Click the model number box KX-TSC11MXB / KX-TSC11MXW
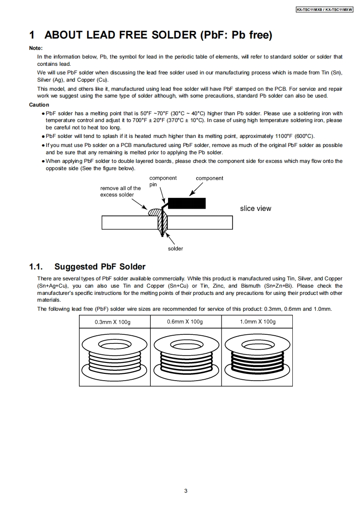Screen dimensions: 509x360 coord(324,9)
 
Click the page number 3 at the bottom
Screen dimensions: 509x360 coord(186,490)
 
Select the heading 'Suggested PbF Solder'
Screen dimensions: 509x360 coord(100,266)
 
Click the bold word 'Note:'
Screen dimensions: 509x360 coord(36,48)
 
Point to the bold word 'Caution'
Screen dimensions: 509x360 coord(39,105)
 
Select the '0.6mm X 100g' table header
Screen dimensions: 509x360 coord(185,322)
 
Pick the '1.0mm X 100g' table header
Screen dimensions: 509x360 coord(257,322)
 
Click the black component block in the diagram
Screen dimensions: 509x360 coord(187,203)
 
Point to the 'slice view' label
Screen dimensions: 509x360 coord(256,209)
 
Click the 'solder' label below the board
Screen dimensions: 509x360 coord(176,249)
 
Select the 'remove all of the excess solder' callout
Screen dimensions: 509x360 coord(121,191)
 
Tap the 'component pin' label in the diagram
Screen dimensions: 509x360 coord(163,181)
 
